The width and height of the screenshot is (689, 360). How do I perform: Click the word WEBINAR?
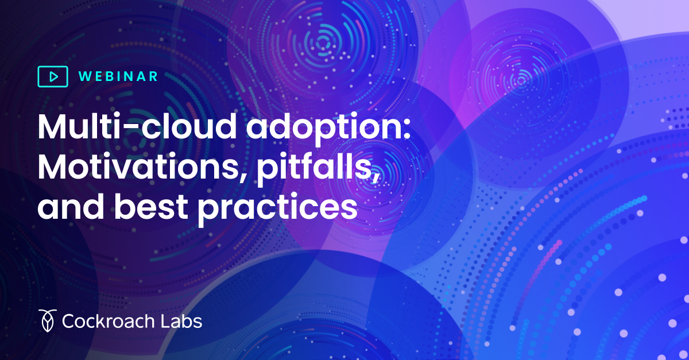[x=117, y=76]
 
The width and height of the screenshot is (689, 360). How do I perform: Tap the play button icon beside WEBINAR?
[x=52, y=76]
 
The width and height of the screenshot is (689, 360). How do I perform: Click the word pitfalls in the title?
[x=307, y=167]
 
